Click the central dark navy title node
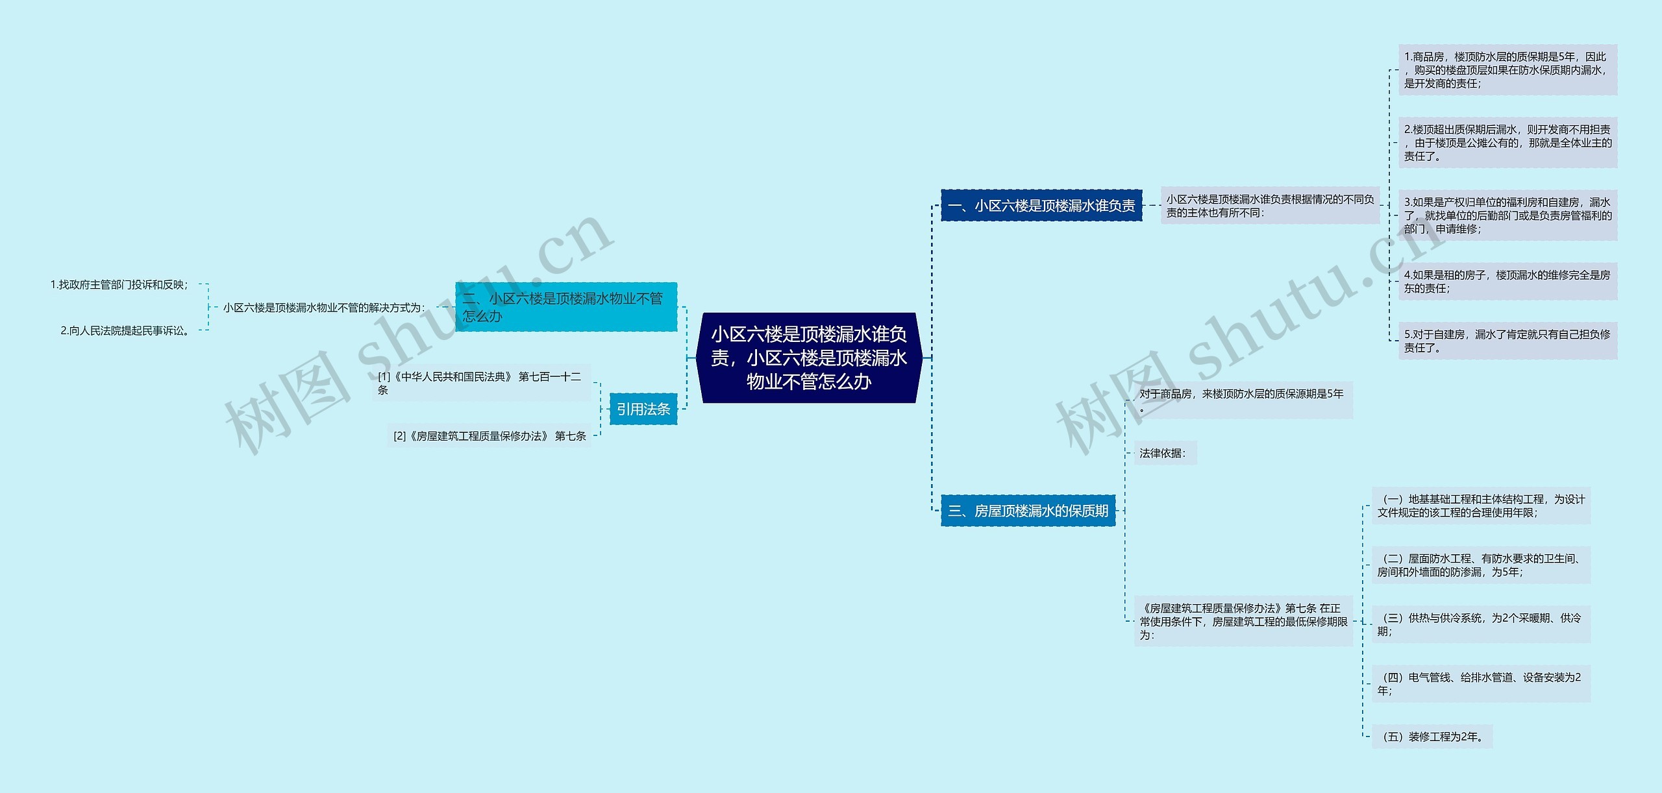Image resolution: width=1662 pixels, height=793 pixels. click(808, 358)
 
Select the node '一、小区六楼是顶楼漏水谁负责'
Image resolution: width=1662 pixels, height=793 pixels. click(1041, 206)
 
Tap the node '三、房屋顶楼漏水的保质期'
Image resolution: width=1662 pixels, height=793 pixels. click(1028, 511)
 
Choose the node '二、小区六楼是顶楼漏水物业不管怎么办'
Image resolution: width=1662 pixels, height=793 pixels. click(565, 307)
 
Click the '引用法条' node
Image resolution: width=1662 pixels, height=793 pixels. click(643, 409)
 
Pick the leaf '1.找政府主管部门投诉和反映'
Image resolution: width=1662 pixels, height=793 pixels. click(119, 284)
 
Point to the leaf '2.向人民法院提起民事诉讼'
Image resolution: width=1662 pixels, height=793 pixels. click(127, 330)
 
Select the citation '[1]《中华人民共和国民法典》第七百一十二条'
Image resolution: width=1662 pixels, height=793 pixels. click(480, 383)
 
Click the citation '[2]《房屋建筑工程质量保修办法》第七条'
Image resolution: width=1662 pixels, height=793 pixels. click(490, 436)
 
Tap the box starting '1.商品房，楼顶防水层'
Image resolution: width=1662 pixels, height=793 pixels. click(1507, 70)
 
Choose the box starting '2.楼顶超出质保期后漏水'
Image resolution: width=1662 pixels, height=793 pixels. click(1507, 143)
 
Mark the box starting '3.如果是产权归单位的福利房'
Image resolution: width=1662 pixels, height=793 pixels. click(1507, 215)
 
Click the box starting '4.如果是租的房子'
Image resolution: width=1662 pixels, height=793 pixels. click(1507, 282)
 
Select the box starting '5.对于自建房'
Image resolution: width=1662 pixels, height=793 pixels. click(1507, 341)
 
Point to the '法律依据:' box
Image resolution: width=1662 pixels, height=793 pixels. click(1164, 453)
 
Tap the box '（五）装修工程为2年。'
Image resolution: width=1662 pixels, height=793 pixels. click(1432, 737)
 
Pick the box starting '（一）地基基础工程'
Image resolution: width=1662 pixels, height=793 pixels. click(1480, 506)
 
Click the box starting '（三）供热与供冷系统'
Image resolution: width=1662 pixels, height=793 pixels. click(1480, 624)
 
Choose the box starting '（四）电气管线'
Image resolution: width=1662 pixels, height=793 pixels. click(1480, 683)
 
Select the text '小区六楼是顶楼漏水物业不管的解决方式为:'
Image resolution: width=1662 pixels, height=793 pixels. click(323, 308)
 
